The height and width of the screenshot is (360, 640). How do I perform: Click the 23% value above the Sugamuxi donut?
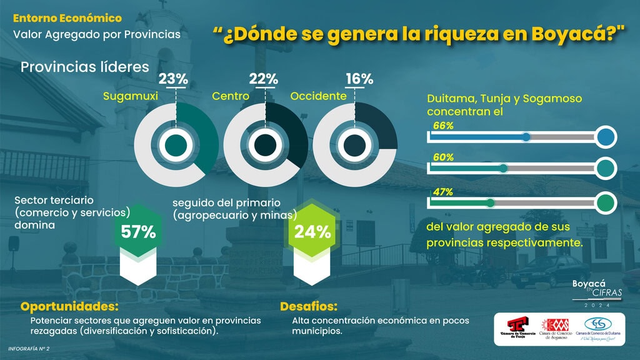click(173, 79)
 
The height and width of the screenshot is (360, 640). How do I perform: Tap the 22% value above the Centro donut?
click(263, 79)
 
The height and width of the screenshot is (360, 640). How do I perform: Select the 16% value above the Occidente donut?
click(359, 79)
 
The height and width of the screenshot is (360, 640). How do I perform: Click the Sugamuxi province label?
click(130, 96)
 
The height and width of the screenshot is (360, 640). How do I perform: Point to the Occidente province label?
click(318, 96)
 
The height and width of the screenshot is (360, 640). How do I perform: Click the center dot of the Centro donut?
click(266, 144)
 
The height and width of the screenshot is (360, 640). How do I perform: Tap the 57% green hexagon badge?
click(138, 232)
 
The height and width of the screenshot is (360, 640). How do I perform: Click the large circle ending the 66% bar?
click(605, 137)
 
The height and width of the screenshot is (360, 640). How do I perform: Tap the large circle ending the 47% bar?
click(605, 203)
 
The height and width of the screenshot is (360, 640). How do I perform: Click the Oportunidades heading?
click(69, 307)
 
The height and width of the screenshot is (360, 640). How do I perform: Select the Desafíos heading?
click(309, 307)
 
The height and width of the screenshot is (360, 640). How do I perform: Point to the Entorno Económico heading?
click(67, 18)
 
